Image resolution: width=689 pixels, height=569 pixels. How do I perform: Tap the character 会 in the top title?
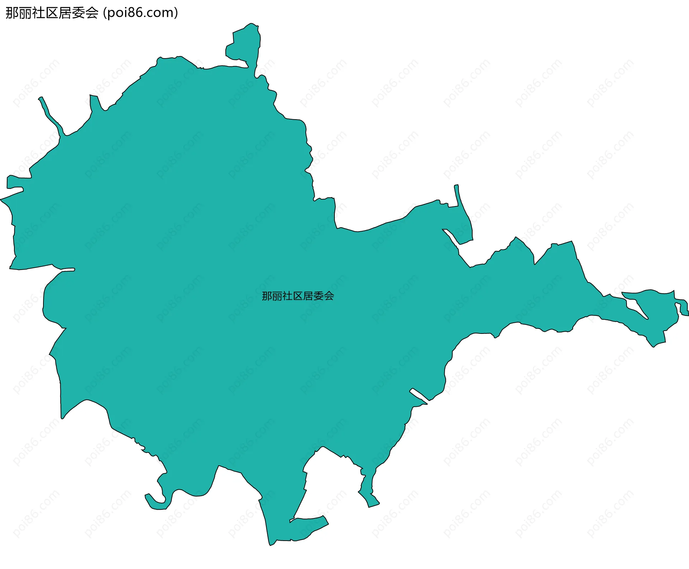pos(92,13)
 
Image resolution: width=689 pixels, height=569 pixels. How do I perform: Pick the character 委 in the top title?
pos(78,13)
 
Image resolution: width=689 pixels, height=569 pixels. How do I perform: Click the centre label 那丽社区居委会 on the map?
pos(298,296)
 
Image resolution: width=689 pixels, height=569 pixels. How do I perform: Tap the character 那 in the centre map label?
pos(267,296)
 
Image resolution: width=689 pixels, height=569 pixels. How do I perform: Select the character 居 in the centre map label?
pos(308,296)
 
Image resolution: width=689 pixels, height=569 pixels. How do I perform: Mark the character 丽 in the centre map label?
pos(277,296)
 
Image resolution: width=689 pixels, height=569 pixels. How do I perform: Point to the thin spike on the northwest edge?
pos(48,113)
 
